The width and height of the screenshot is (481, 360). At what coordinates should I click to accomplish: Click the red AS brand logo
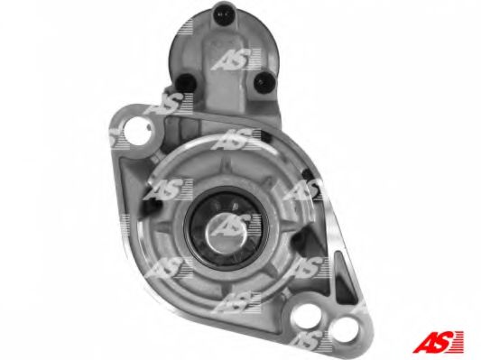pos(438,342)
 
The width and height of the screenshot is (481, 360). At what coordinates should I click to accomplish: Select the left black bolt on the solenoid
pos(186,82)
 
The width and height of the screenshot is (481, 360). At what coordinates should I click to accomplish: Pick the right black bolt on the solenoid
pos(263,82)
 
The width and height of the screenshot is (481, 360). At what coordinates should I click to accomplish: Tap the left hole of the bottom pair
pos(307,315)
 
